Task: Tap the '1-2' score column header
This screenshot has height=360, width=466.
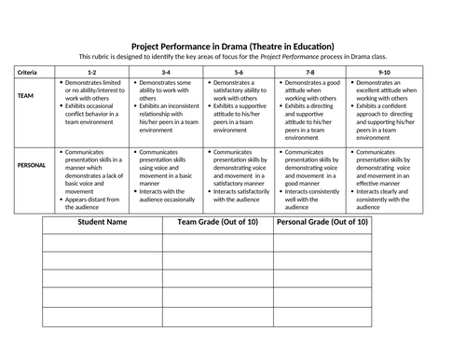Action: (x=91, y=72)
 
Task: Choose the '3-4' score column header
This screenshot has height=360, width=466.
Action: (x=166, y=72)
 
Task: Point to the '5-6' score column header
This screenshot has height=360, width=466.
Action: (x=240, y=72)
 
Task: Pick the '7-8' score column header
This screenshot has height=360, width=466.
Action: (x=312, y=72)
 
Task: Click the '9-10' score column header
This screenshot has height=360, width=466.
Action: (x=385, y=72)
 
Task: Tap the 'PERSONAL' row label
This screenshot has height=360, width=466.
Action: (x=32, y=164)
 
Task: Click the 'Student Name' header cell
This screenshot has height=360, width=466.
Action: (x=102, y=223)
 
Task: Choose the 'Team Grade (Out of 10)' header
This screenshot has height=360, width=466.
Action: (x=217, y=223)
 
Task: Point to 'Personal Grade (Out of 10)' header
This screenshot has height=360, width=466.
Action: (x=322, y=223)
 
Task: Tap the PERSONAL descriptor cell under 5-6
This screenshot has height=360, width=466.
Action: (x=240, y=175)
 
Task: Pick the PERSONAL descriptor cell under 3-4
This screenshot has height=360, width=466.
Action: (x=166, y=175)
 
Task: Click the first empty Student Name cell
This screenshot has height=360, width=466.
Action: (x=102, y=242)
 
